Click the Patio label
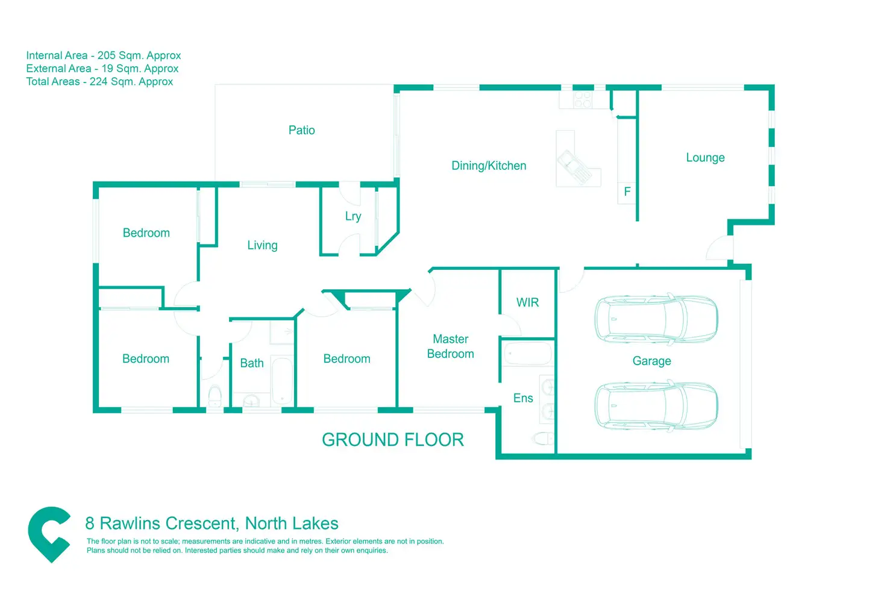point(301,130)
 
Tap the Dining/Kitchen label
point(489,166)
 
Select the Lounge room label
point(705,158)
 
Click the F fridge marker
point(627,192)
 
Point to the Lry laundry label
point(353,216)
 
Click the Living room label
point(262,245)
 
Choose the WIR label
point(527,302)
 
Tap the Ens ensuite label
point(523,398)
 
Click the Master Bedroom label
point(450,346)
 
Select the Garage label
point(651,361)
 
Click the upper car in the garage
point(656,319)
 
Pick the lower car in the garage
point(656,406)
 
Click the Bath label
point(252,363)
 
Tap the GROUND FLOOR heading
point(393,440)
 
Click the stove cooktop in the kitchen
point(582,99)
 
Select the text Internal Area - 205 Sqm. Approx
point(104,55)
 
